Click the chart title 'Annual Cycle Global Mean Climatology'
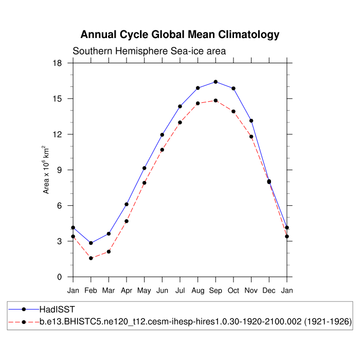pos(180,35)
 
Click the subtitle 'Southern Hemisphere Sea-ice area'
pos(149,51)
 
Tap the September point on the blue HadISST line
pos(215,82)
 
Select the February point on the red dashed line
pos(91,258)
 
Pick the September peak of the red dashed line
pos(215,100)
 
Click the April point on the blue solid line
pos(127,204)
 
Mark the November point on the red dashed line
pos(251,136)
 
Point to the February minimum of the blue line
pos(91,243)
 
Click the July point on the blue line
pos(180,106)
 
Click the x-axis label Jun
pos(162,291)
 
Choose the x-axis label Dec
pos(269,291)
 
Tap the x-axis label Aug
pos(197,291)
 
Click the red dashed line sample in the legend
pos(24,322)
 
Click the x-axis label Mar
pos(109,291)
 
